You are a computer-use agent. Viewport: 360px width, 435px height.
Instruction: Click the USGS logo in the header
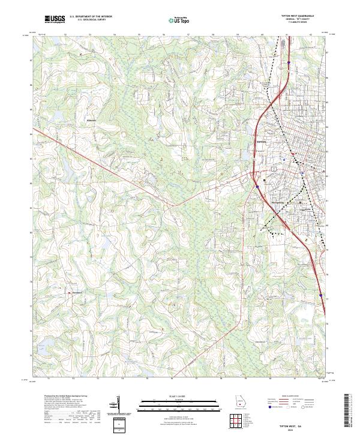click(x=55, y=19)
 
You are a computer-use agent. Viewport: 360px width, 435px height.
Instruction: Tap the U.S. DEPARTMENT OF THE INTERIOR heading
click(x=91, y=17)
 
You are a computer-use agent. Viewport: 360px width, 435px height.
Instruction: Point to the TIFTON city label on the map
click(x=261, y=142)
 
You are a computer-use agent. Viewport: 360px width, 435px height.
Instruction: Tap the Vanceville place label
click(x=77, y=293)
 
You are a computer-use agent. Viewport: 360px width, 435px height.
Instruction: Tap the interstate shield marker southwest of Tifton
click(x=256, y=187)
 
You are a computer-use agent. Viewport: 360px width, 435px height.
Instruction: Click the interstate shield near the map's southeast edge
click(x=322, y=295)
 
